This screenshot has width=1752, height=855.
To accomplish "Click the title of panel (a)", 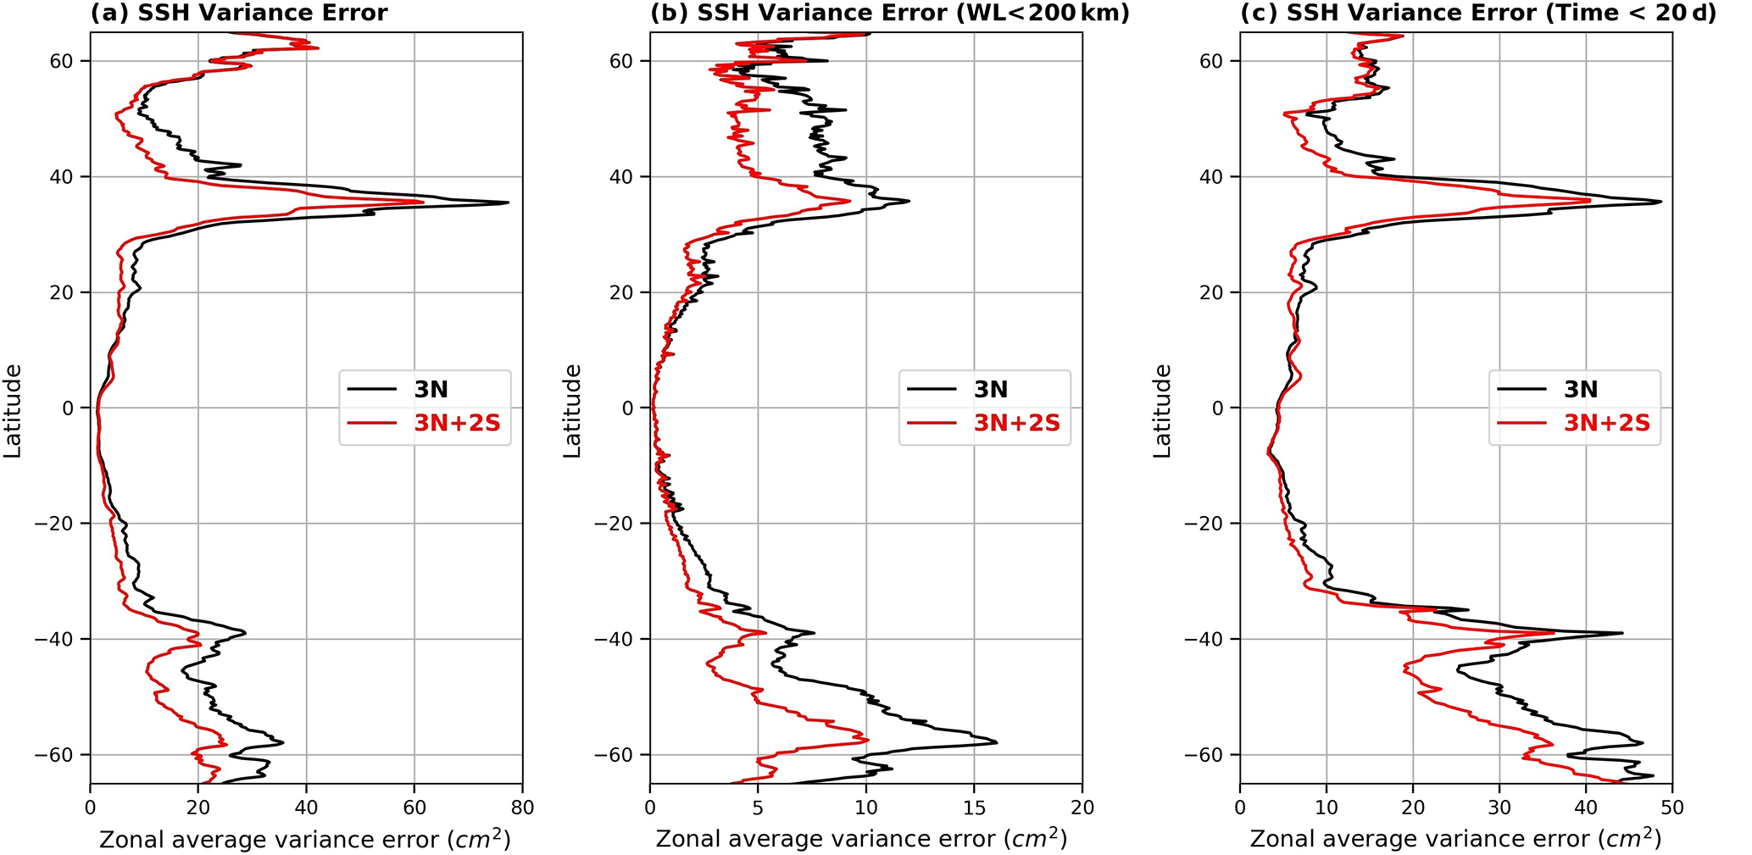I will click(239, 14).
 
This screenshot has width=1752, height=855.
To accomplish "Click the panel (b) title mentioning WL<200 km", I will click(889, 14).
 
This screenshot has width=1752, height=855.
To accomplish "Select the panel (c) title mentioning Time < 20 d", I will click(1478, 14).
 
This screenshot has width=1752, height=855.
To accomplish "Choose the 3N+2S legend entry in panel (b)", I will click(1016, 423).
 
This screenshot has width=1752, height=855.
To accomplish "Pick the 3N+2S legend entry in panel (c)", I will click(1606, 423).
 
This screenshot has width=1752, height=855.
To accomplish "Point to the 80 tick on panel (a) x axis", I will click(522, 808).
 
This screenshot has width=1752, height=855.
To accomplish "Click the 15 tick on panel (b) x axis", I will click(974, 808).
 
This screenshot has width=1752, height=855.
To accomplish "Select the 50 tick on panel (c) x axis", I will click(1672, 808).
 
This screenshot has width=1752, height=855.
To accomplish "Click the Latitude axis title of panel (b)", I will click(573, 411).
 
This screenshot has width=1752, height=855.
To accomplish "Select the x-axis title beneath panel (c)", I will click(1455, 839).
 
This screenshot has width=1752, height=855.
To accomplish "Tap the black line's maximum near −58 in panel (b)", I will click(996, 742).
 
